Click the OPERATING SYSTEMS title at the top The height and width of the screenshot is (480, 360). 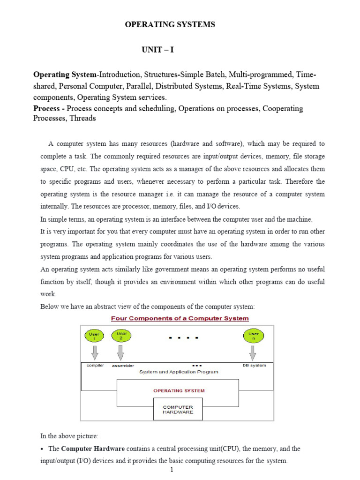(170, 25)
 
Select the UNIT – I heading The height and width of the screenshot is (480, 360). (158, 50)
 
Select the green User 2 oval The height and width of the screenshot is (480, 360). (121, 336)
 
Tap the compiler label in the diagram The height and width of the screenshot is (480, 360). (96, 365)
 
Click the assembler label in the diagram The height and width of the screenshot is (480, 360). (123, 365)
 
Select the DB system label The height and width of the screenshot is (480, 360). (255, 365)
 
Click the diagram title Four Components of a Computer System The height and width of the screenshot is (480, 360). (180, 318)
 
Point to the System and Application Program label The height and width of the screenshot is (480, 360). (179, 372)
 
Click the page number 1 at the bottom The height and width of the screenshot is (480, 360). (172, 471)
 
